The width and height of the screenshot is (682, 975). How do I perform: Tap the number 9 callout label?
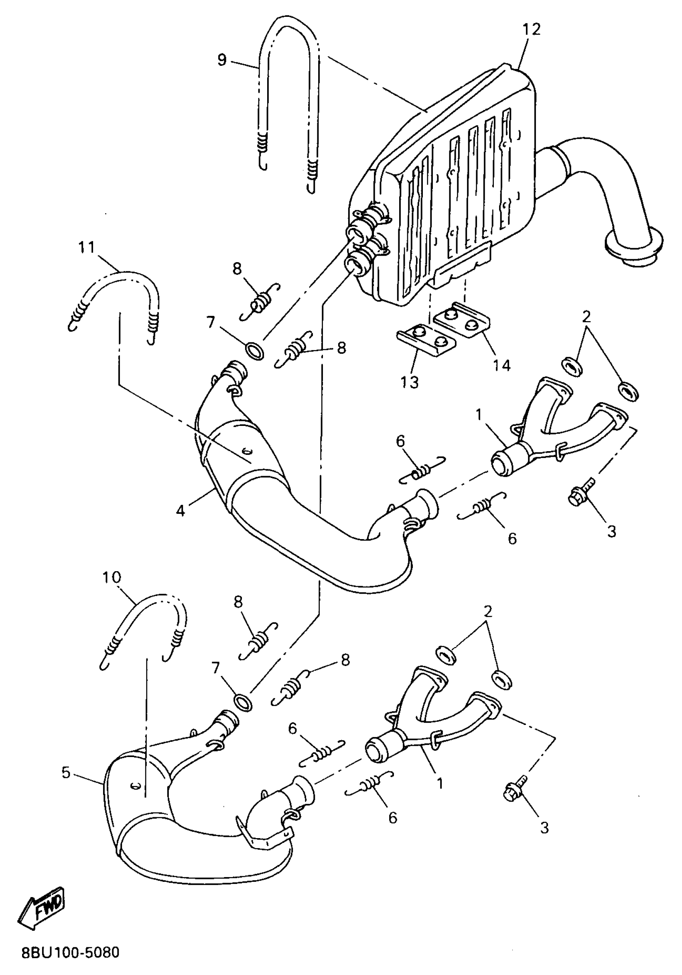tap(222, 60)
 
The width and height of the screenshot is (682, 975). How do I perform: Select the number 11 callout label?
tap(87, 248)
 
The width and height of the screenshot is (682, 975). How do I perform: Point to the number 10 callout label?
tap(112, 577)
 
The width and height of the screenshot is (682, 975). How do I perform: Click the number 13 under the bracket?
tap(410, 382)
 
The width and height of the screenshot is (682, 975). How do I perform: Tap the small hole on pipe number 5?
tap(135, 785)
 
